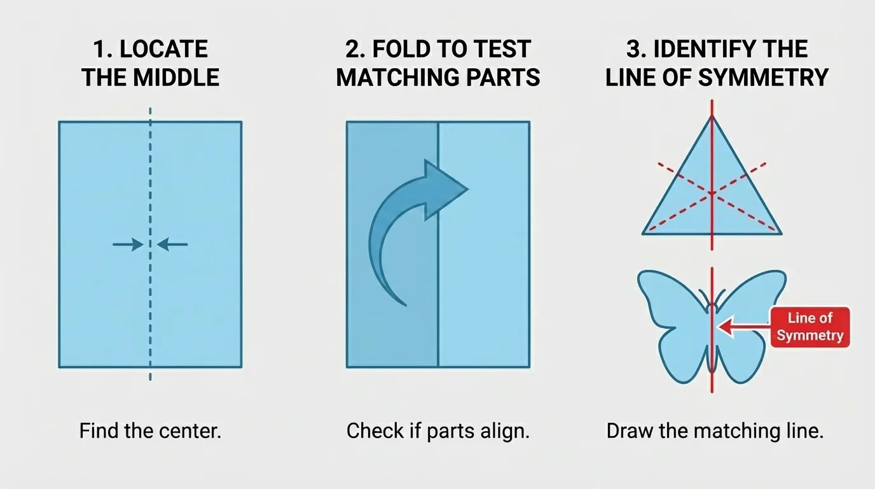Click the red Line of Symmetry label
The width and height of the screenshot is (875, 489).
[x=810, y=327]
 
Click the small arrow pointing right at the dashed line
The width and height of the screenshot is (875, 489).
[x=128, y=244]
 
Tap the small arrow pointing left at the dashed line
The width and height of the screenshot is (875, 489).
[x=172, y=244]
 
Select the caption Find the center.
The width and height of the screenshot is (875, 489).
[x=150, y=431]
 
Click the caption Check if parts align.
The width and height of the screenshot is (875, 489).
[x=437, y=431]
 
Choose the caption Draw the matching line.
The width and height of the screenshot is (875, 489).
[x=715, y=431]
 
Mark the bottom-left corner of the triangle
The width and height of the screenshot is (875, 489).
[x=644, y=234]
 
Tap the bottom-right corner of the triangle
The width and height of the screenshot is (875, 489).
[x=780, y=234]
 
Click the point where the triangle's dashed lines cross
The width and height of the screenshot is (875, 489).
[x=712, y=193]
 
